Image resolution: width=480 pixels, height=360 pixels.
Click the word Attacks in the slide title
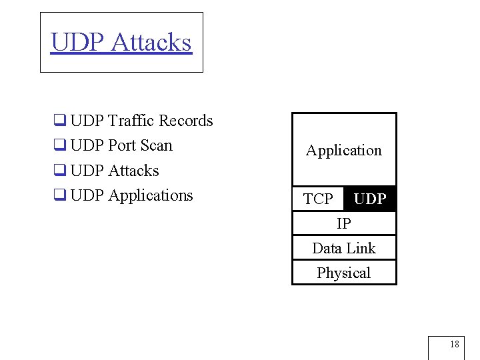[151, 42]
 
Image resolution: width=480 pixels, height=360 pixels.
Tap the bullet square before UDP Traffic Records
[59, 121]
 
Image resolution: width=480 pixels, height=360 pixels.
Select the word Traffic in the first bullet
[131, 121]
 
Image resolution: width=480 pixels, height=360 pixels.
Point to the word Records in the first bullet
[186, 121]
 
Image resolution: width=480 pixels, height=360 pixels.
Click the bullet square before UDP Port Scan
[59, 146]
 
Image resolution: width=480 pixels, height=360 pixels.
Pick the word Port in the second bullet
[122, 146]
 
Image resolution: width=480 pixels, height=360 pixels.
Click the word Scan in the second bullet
[157, 145]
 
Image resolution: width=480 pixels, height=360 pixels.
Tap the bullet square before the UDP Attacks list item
[59, 171]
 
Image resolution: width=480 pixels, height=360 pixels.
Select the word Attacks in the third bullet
[133, 171]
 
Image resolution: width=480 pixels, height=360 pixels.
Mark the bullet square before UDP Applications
[59, 196]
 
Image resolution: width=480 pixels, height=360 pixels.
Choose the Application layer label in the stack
[344, 151]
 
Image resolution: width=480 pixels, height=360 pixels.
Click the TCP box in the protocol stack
[318, 199]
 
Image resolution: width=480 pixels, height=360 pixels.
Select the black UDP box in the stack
[370, 199]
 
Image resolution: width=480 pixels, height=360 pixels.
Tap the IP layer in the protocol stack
[344, 223]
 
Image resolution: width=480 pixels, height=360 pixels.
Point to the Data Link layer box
[344, 248]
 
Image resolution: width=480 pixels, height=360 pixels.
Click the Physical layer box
[344, 273]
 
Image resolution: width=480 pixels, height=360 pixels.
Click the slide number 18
[454, 345]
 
